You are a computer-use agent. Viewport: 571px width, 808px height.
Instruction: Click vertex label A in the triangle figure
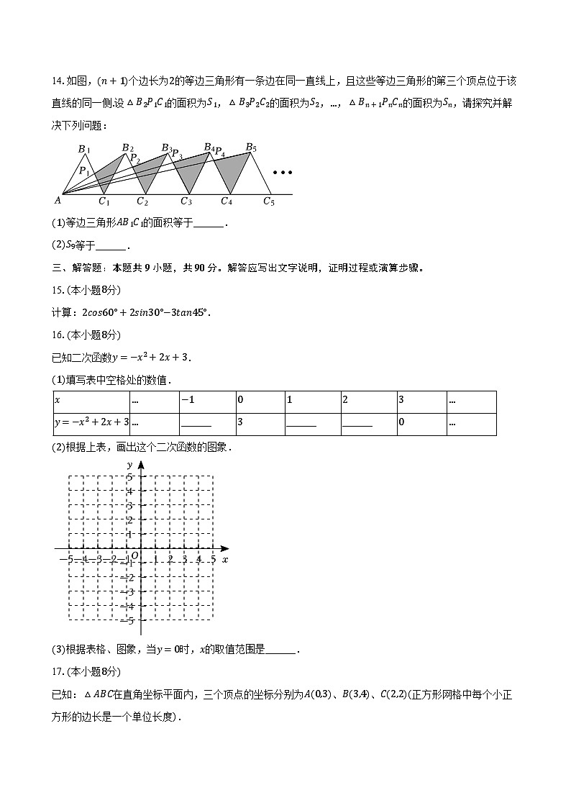58,201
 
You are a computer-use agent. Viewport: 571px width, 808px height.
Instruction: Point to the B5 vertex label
251,147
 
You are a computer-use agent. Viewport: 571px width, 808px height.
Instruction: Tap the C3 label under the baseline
186,201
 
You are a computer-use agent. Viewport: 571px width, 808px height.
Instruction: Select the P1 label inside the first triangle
85,171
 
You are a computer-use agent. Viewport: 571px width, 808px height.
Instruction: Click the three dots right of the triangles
283,173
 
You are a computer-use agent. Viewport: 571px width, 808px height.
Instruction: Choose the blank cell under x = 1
301,424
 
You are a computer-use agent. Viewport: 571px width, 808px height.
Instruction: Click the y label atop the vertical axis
129,466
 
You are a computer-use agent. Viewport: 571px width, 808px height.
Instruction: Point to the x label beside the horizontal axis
225,559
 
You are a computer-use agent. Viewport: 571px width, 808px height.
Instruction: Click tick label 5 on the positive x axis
213,559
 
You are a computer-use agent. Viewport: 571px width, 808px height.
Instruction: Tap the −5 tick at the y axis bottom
130,619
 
